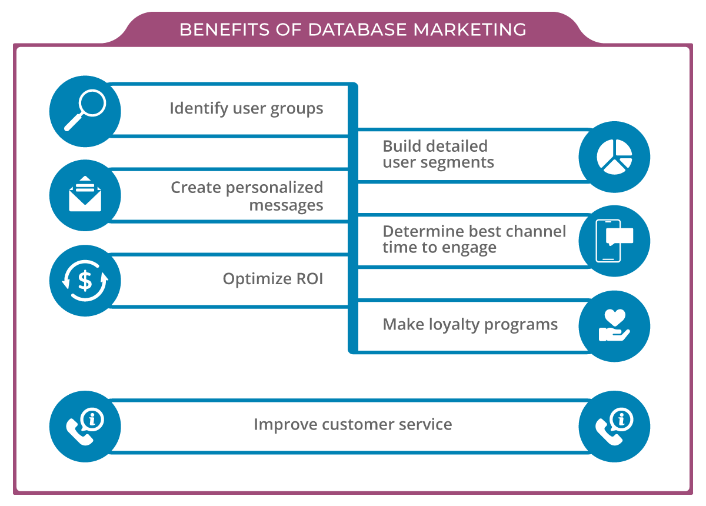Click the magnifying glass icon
[x=85, y=111]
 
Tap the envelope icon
[x=85, y=195]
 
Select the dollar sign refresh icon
[x=85, y=281]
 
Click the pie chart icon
[x=614, y=157]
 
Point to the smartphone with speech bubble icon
[x=614, y=241]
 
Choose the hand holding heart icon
[x=614, y=325]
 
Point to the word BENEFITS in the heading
[x=217, y=29]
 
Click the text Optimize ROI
[x=273, y=278]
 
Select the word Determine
[x=423, y=231]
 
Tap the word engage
[x=469, y=248]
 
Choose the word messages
[x=286, y=205]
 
